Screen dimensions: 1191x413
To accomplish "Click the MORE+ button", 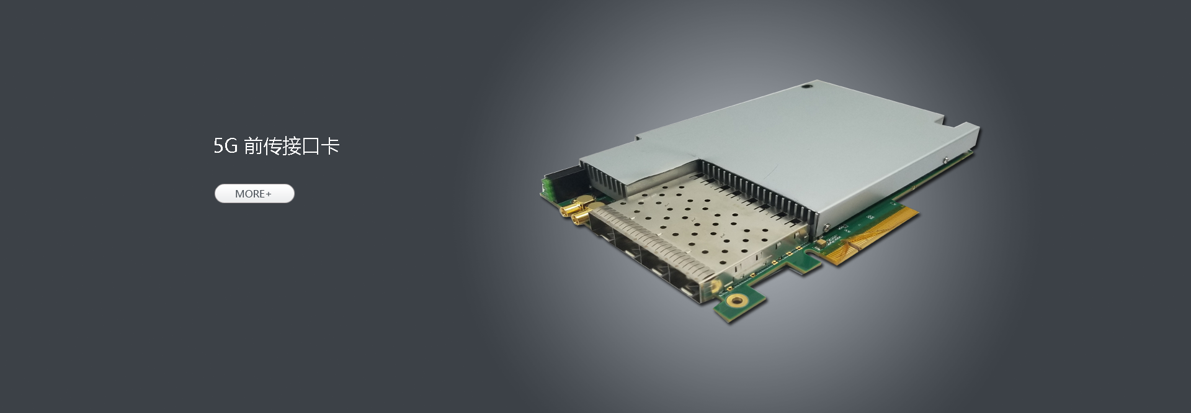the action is (x=254, y=194).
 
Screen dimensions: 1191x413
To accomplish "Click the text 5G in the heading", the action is (x=226, y=147).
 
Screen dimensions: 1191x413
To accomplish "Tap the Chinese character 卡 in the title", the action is (x=331, y=147).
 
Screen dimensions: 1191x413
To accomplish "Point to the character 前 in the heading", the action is (x=254, y=147).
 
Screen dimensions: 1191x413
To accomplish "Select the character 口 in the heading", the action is (x=311, y=147).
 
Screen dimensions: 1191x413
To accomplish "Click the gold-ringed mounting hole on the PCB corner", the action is (x=738, y=302).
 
